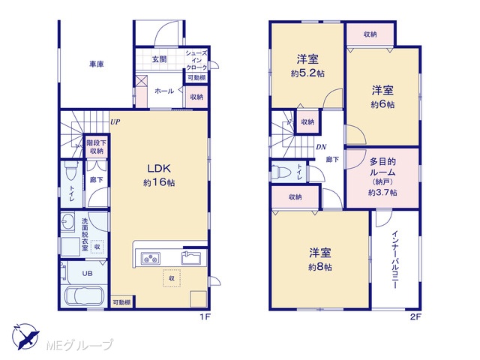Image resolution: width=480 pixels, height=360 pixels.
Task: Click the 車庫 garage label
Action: (x=97, y=64)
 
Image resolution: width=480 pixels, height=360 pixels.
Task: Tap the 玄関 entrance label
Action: (x=159, y=59)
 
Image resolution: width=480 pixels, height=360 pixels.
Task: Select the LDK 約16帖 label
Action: (x=159, y=175)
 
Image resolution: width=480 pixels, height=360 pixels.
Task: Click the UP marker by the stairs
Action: (x=115, y=122)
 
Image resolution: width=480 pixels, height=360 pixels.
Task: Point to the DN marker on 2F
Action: (x=321, y=147)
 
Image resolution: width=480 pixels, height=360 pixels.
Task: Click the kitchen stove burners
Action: (x=151, y=258)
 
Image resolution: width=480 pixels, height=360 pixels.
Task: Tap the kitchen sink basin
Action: (x=191, y=257)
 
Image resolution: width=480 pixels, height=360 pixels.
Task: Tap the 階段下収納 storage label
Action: (x=97, y=147)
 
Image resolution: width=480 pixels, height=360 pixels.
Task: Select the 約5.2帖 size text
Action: (x=307, y=73)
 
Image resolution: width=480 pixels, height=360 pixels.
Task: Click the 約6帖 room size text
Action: (x=382, y=105)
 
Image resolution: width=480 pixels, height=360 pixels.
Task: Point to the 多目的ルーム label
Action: (x=382, y=166)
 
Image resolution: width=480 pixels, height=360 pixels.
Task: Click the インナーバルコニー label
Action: (x=395, y=259)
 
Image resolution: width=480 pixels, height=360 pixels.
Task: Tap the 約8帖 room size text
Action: (x=320, y=267)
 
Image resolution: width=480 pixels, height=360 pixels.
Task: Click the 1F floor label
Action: (x=205, y=317)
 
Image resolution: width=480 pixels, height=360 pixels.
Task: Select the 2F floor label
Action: (x=415, y=317)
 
